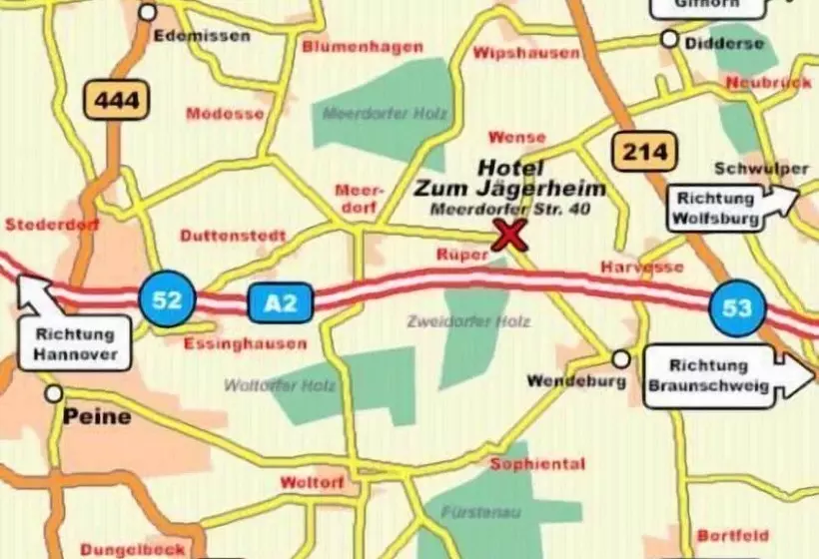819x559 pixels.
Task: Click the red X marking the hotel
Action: [510, 236]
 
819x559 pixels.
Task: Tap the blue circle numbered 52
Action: [167, 298]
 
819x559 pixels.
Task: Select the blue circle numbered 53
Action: [737, 307]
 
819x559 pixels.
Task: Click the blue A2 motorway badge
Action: [281, 301]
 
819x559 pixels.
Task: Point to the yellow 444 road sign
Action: [117, 99]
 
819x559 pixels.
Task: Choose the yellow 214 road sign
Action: [643, 151]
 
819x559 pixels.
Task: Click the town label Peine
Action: [97, 416]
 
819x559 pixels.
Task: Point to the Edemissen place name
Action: [203, 36]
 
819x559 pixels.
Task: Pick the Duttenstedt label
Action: [233, 236]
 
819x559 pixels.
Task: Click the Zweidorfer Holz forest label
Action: [469, 321]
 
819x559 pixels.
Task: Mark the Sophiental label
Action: [537, 464]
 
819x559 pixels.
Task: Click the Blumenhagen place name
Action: [363, 47]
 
